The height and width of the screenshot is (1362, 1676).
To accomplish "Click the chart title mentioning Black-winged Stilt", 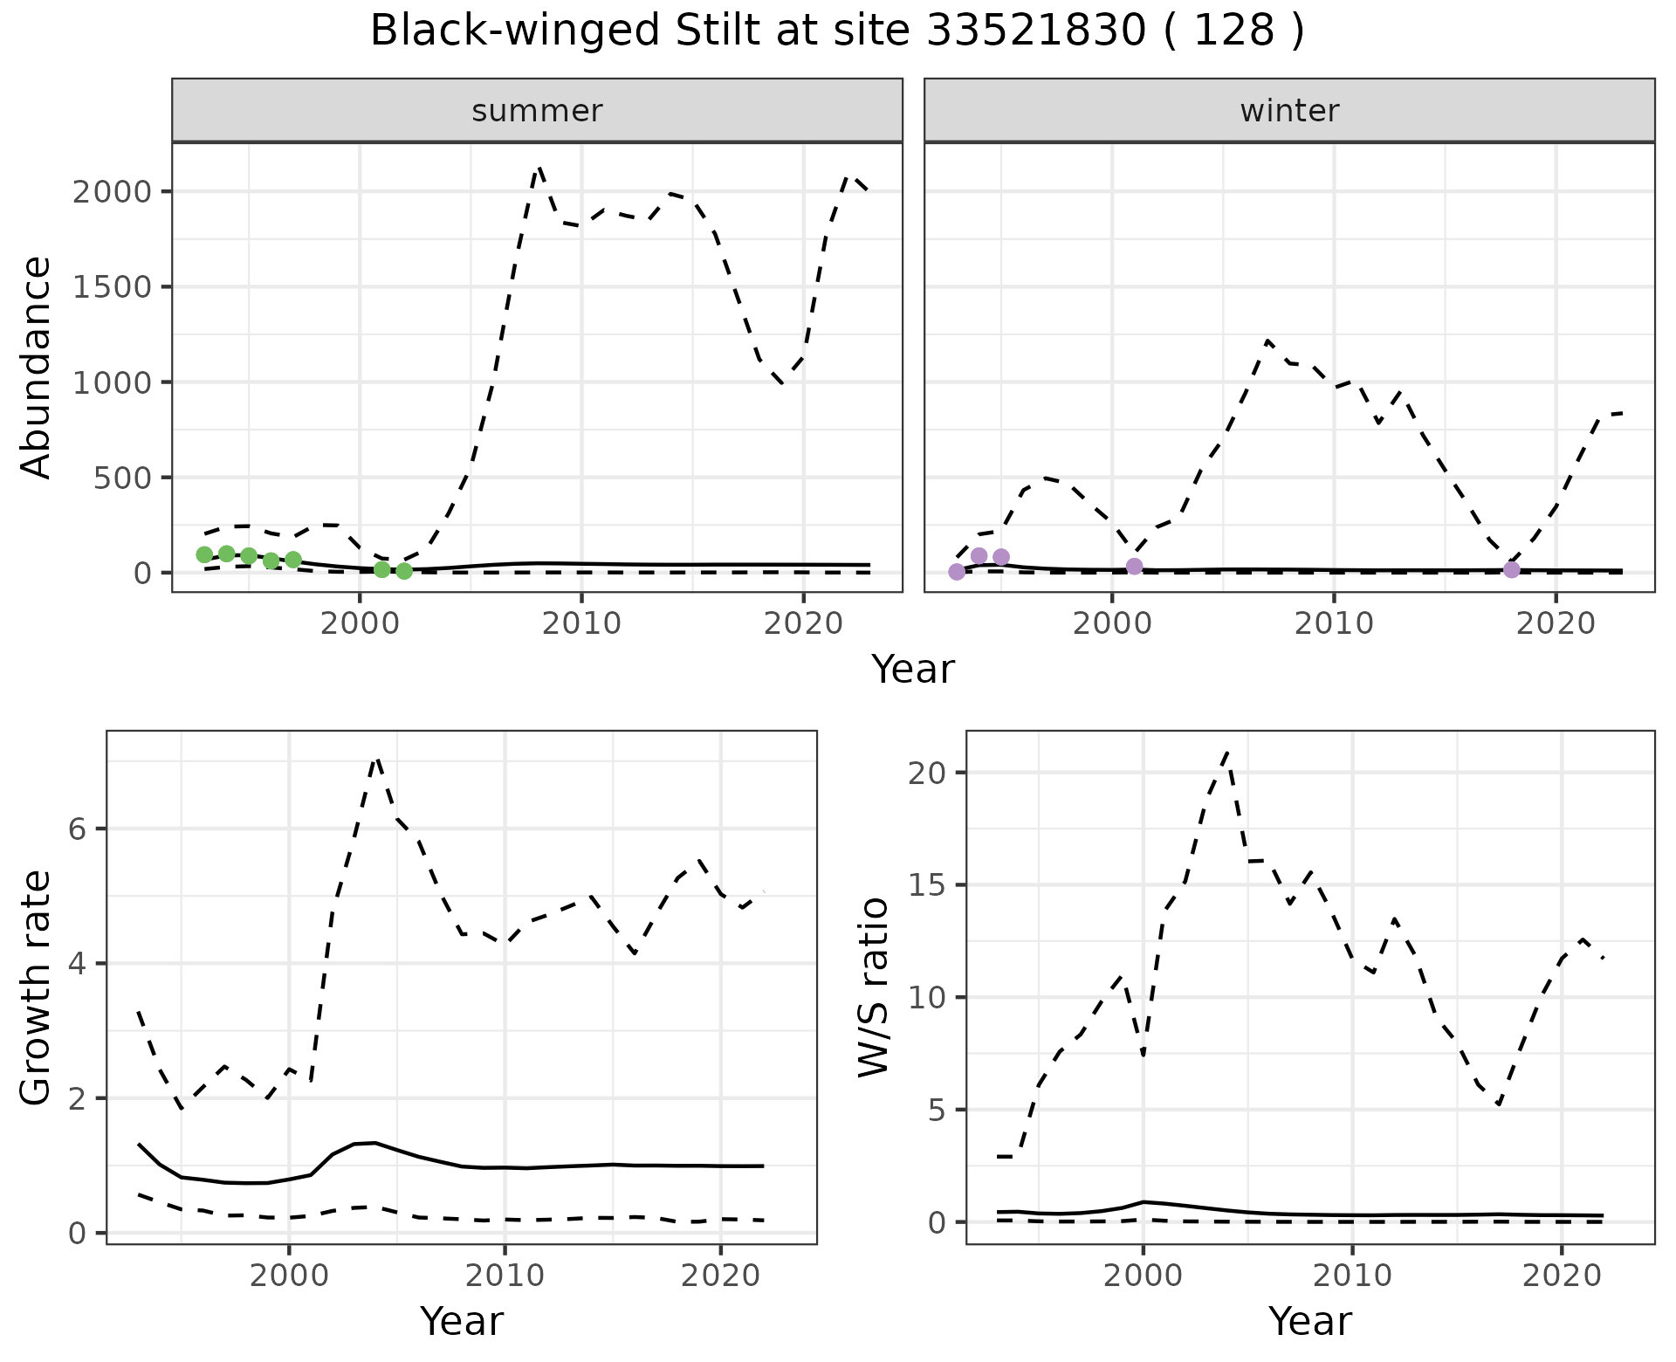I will tap(837, 31).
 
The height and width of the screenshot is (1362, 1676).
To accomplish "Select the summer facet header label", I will tap(537, 111).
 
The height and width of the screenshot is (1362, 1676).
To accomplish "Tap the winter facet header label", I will tap(1289, 111).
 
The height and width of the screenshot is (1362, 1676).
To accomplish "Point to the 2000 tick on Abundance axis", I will tap(116, 192).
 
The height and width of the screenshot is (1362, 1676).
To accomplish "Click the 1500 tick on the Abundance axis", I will tap(116, 287).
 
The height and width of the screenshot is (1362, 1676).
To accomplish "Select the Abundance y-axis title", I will tap(37, 367).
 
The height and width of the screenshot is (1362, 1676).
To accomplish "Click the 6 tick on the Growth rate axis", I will tap(79, 829).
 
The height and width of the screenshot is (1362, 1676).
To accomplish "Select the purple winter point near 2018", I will tap(1512, 570).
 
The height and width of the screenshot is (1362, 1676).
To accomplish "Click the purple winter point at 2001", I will tap(1134, 567).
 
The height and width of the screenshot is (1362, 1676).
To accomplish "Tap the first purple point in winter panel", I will tap(957, 572).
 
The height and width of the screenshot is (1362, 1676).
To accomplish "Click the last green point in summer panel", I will tap(404, 571).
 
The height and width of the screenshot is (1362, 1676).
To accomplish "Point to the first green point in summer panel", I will tap(204, 554).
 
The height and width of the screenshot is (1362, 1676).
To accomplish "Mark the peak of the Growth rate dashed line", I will tap(376, 758).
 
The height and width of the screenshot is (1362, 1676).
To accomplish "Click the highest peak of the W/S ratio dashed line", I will tap(1227, 751).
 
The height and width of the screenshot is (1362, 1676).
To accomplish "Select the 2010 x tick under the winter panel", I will tap(1334, 623).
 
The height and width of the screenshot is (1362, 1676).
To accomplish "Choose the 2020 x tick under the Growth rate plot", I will tap(720, 1276).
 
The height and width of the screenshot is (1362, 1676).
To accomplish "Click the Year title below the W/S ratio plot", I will tap(1309, 1321).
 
